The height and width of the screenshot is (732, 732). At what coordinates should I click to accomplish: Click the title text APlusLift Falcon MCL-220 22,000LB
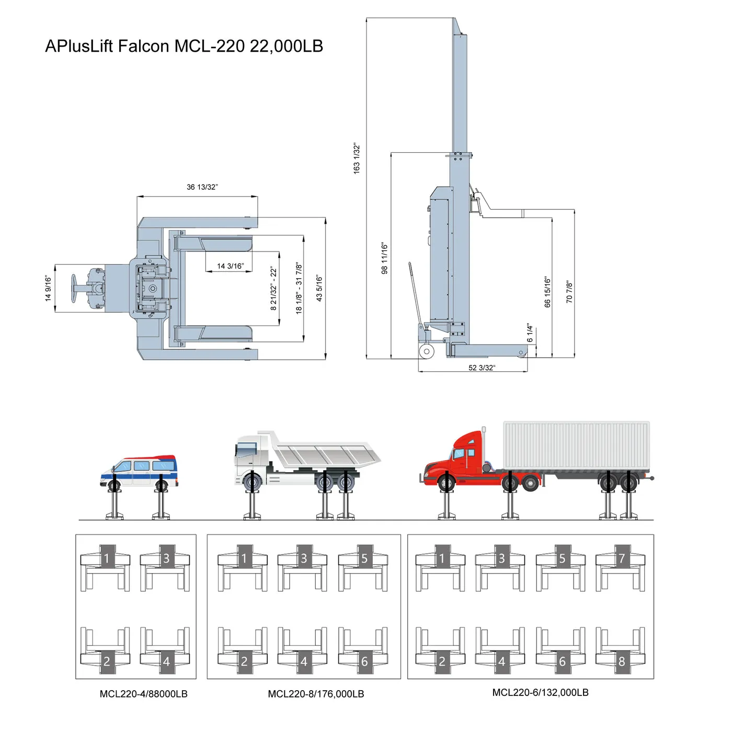coord(184,46)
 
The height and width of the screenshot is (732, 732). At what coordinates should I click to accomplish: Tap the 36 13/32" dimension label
coord(202,187)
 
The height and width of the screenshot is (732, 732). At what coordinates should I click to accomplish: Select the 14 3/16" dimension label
coord(231,266)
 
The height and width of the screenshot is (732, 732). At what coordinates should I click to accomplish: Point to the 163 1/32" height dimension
coord(357,158)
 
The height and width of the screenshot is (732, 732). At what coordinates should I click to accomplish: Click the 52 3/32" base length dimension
coord(482,368)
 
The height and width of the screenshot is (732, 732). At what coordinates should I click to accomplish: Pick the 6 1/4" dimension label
coord(530,333)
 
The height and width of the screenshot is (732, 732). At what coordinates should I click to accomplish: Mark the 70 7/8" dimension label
coord(569,292)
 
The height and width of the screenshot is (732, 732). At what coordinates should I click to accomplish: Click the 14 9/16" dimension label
coord(49,288)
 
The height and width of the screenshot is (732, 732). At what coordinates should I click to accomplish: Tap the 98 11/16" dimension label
coord(385,258)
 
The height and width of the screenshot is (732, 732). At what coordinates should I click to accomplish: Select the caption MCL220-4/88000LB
coord(143,694)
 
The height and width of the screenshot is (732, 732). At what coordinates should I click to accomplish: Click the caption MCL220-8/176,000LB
coord(316,694)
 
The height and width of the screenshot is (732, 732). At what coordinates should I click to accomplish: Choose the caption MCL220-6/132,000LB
coord(540,692)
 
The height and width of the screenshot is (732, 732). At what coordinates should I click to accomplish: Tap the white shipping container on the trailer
coord(576,445)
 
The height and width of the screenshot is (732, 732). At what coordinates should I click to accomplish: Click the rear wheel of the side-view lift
coord(427,351)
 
